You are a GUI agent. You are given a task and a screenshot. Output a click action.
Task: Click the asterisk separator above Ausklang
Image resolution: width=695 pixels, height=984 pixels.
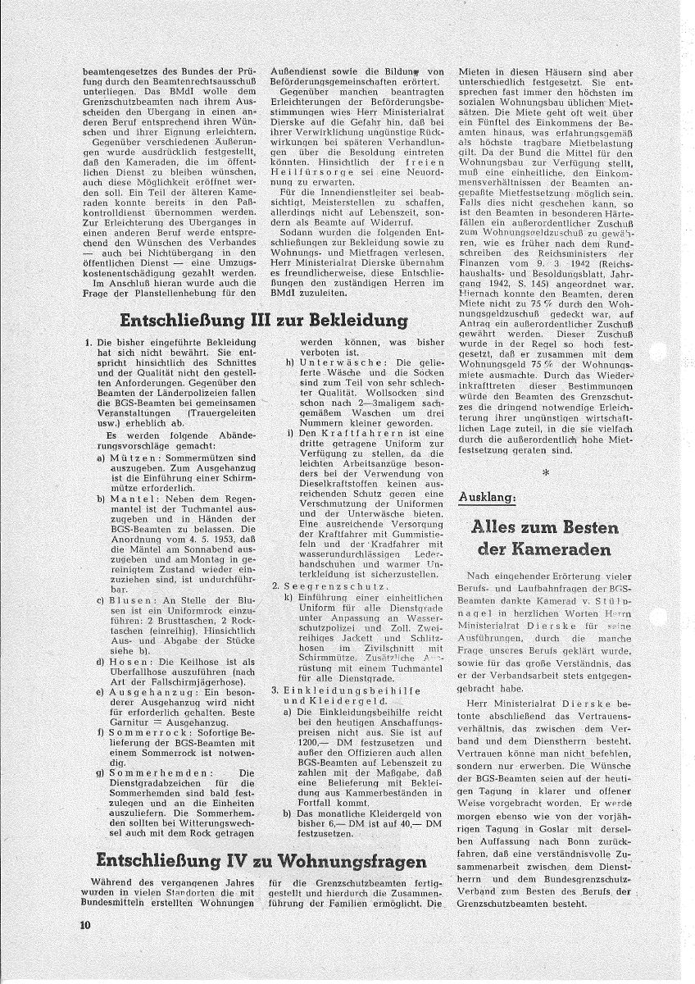pyautogui.click(x=544, y=472)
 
